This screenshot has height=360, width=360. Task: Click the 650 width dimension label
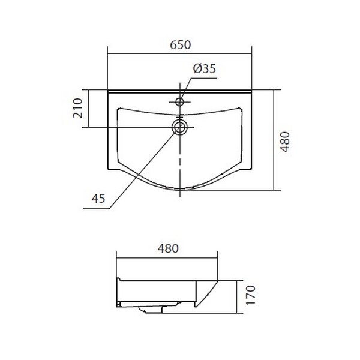[x=180, y=45]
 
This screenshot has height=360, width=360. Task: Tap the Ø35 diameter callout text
[x=205, y=68]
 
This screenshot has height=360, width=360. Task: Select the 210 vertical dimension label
[x=77, y=108]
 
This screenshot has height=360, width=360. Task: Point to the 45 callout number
[x=98, y=199]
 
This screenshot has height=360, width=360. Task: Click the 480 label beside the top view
[x=286, y=142]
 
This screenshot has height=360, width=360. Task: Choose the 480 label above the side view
[x=168, y=248]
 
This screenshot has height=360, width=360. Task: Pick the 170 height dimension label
[x=250, y=295]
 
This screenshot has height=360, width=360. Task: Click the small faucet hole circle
[x=179, y=102]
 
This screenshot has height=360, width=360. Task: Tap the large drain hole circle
[x=179, y=127]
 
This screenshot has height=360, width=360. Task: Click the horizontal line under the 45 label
[x=97, y=209]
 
